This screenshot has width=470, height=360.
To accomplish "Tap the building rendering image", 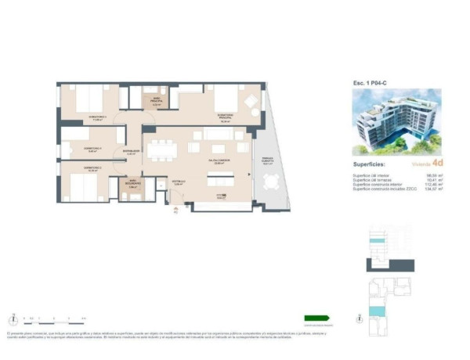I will point(396,121).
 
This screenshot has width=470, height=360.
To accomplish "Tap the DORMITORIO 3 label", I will point(97,119).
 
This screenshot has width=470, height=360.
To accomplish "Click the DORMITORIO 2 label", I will point(93,169).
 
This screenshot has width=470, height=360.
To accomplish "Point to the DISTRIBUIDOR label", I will point(131,153).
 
